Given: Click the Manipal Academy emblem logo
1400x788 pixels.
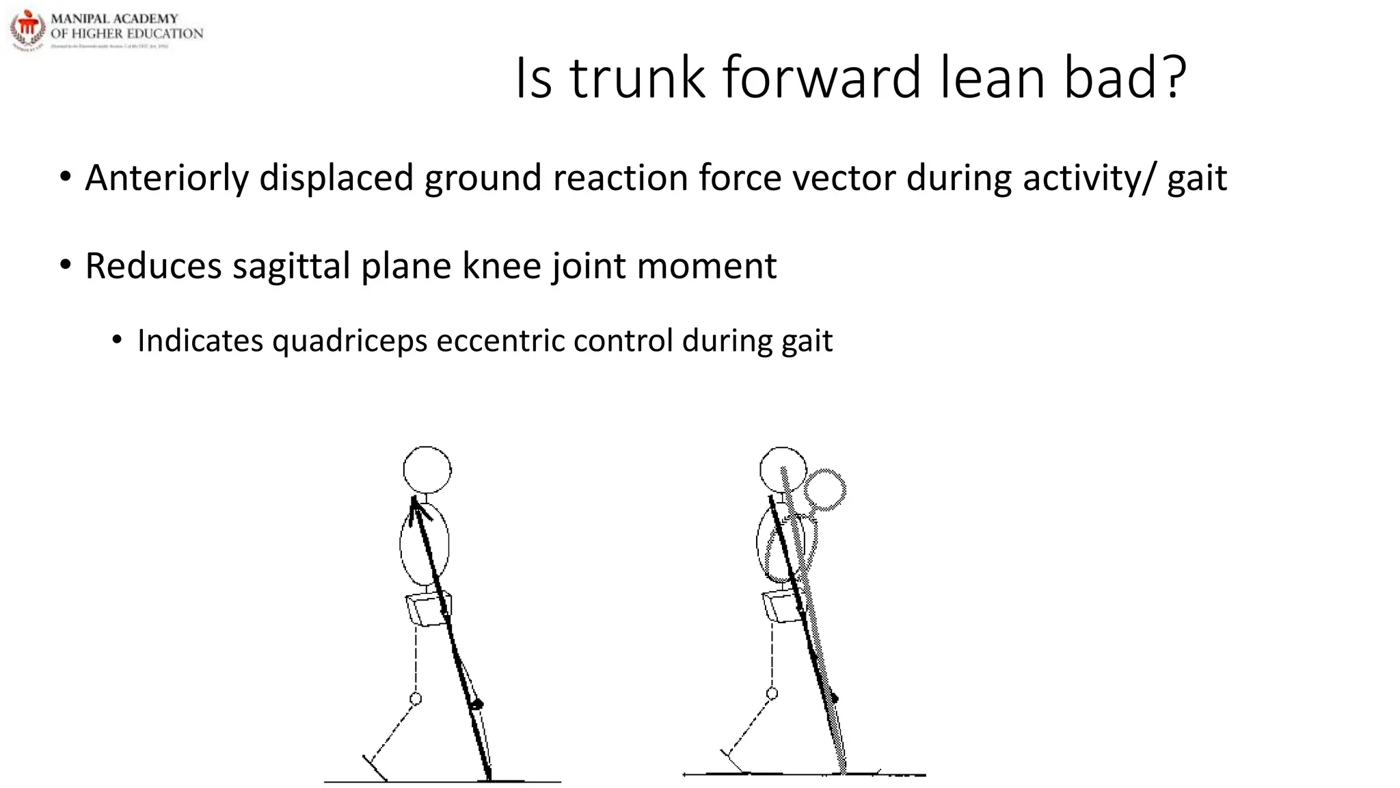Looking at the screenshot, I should [27, 29].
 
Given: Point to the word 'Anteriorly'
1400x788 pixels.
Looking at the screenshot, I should [167, 178].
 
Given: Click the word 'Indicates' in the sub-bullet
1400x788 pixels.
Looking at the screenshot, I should [200, 341].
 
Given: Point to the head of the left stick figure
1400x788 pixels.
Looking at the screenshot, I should [427, 470].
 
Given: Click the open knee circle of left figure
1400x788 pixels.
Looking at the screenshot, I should [416, 698].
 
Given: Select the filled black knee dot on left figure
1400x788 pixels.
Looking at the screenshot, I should [478, 705].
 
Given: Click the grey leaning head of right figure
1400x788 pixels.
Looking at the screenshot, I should [826, 489].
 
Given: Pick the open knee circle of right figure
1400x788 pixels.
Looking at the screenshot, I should [772, 694].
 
